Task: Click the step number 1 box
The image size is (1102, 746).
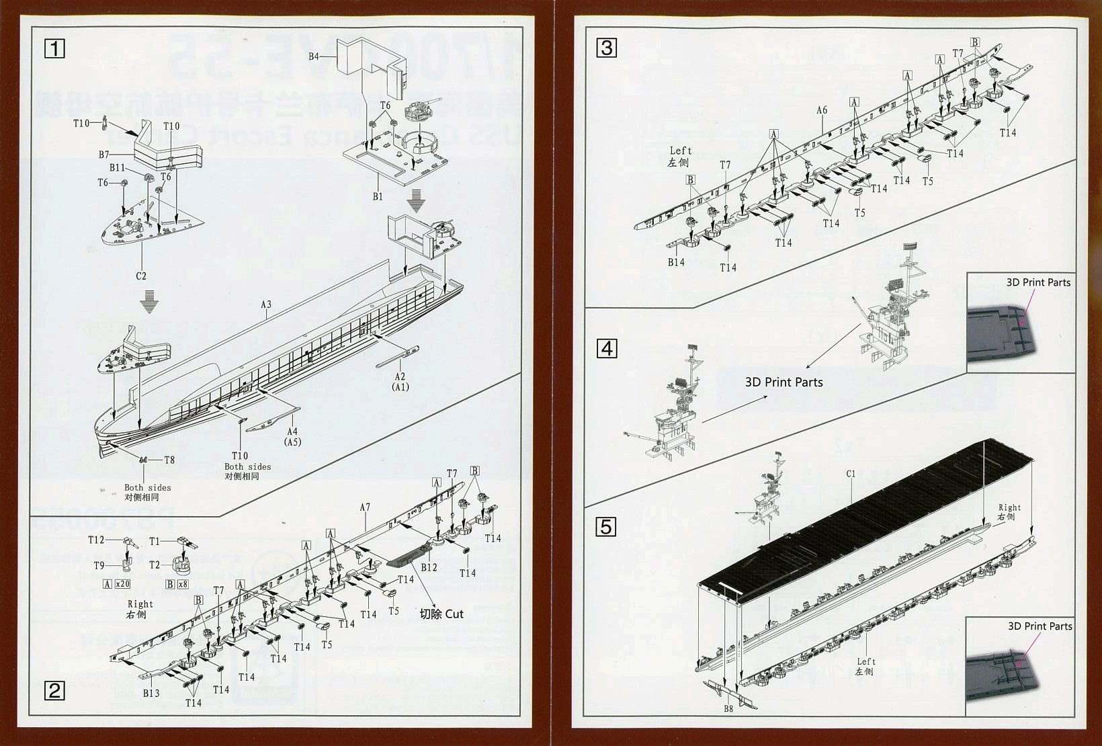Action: click(x=54, y=48)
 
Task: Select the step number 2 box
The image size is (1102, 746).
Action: click(x=54, y=690)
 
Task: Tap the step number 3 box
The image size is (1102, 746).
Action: click(x=607, y=48)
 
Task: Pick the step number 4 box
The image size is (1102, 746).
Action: click(x=607, y=349)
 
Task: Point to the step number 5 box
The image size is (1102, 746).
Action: click(x=606, y=527)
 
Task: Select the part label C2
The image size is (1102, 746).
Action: click(x=141, y=276)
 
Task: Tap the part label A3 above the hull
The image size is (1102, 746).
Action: click(x=266, y=304)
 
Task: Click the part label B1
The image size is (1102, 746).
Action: click(x=378, y=196)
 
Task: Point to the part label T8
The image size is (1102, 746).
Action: click(x=169, y=460)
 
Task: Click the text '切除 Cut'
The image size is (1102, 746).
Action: click(x=441, y=614)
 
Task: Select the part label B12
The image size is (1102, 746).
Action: click(x=429, y=567)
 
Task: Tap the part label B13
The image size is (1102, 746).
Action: click(x=151, y=693)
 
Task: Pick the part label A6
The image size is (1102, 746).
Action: click(x=822, y=110)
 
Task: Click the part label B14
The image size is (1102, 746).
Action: click(x=676, y=262)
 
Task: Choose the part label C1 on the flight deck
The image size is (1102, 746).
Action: click(x=851, y=474)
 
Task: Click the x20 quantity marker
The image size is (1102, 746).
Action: click(x=122, y=584)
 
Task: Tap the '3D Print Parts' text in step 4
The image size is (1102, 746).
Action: click(x=783, y=382)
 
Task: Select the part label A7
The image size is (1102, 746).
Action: click(x=364, y=507)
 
